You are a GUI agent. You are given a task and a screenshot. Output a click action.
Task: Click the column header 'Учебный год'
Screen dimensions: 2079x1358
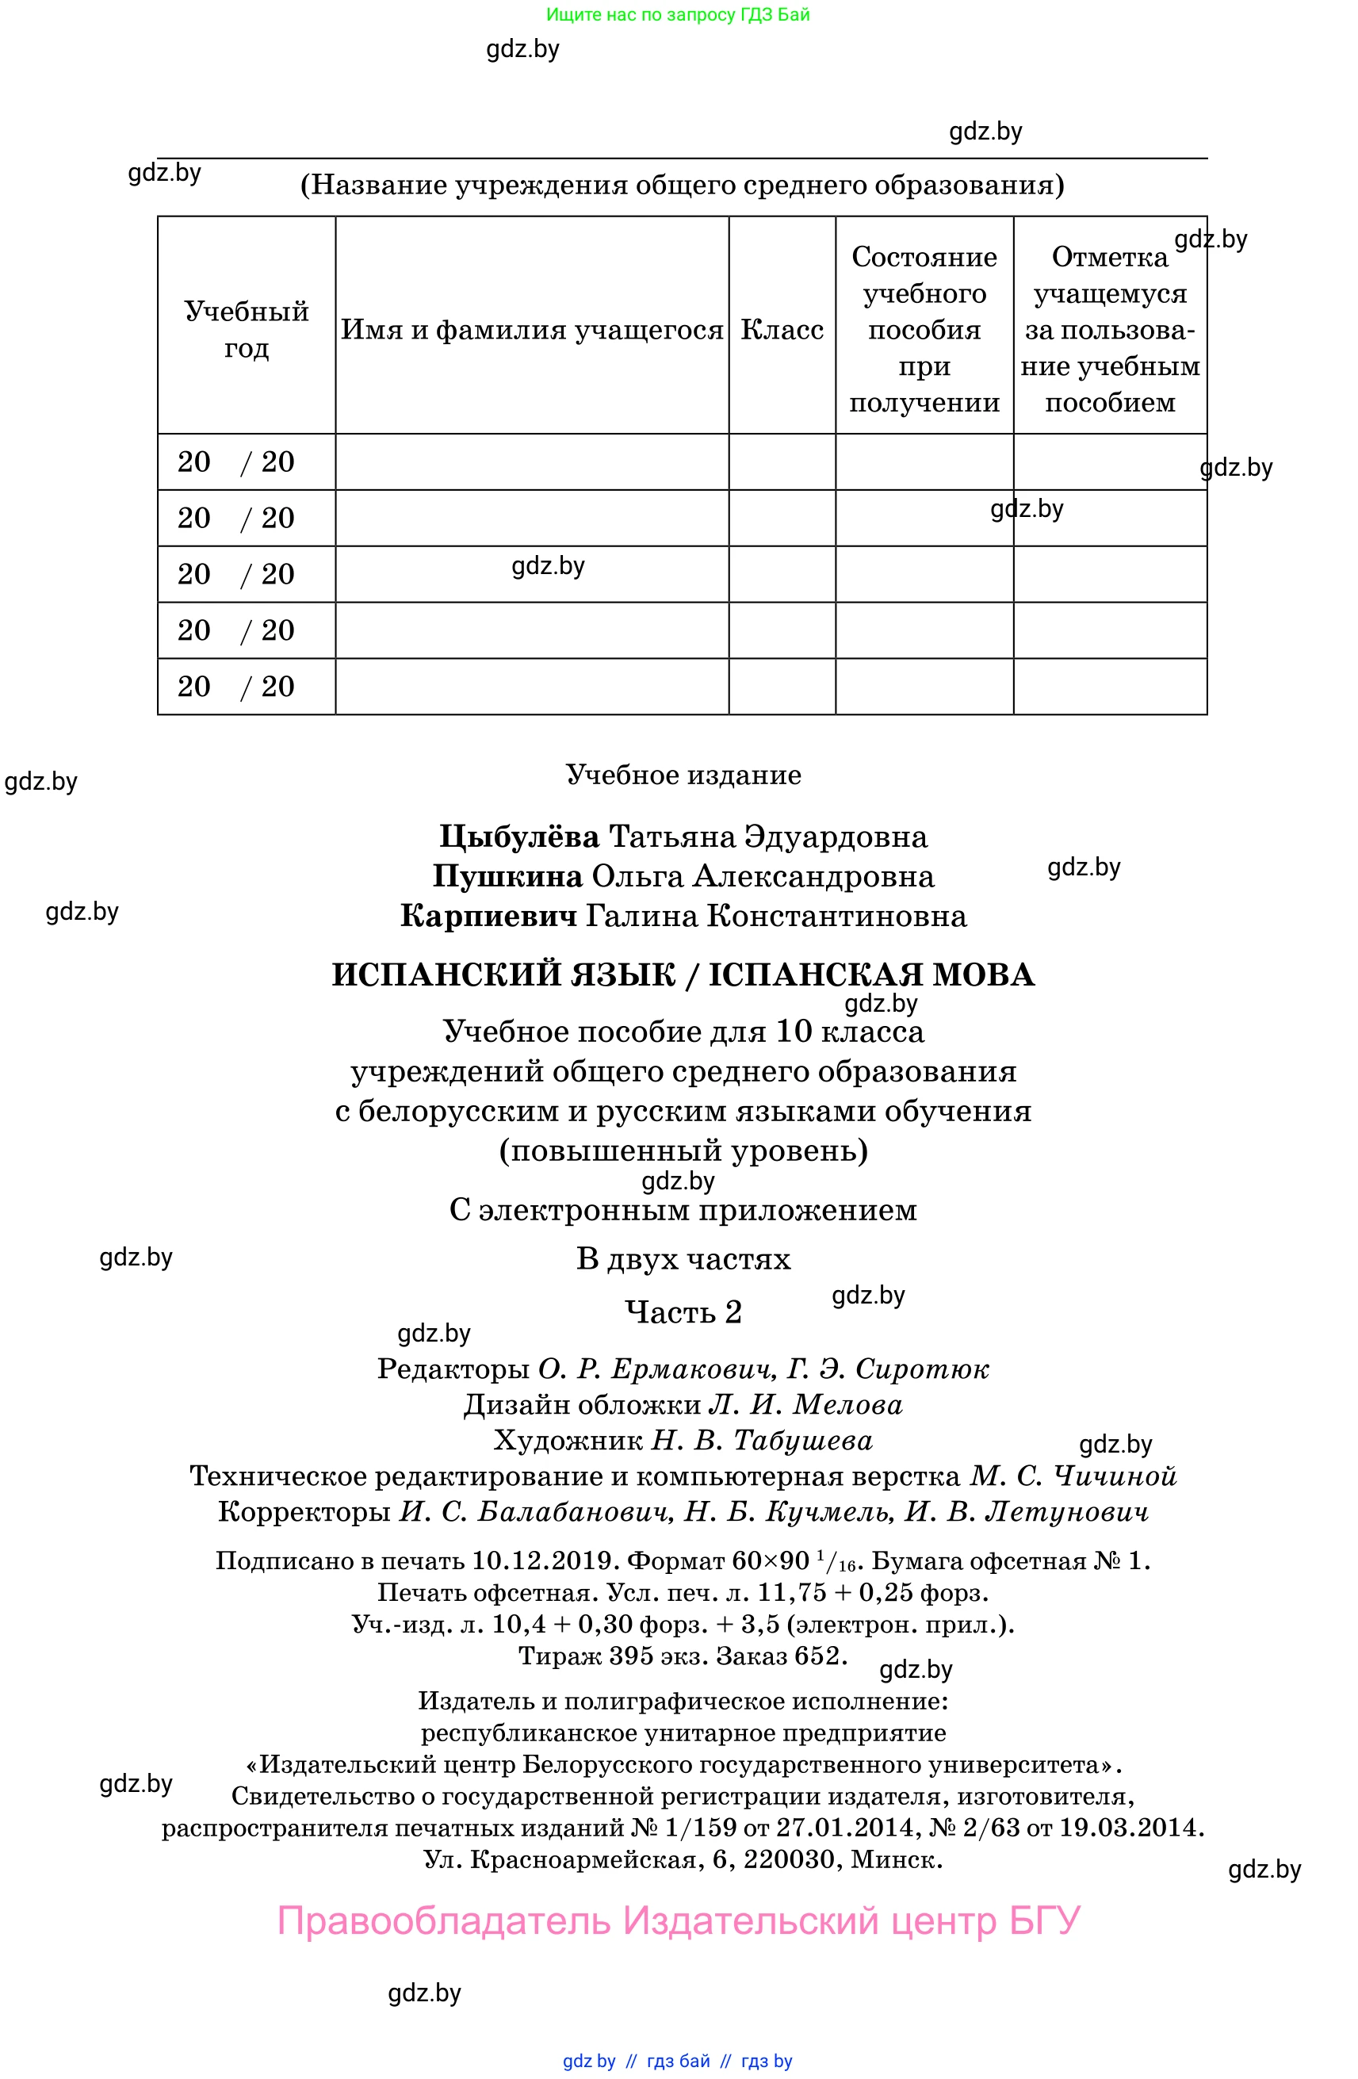point(247,329)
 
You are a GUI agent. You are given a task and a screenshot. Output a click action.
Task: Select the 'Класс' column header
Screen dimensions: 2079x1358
point(782,329)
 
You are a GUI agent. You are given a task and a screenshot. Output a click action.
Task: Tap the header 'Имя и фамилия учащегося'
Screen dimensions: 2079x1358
point(532,329)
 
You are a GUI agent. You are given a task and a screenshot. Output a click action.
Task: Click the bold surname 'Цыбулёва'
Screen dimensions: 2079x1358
point(518,837)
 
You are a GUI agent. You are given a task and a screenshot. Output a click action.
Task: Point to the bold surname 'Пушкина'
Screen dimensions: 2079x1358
point(507,876)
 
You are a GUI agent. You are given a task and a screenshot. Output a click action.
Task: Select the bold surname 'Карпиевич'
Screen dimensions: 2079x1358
point(488,917)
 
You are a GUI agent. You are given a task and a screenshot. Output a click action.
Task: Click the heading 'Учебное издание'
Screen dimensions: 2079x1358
point(683,775)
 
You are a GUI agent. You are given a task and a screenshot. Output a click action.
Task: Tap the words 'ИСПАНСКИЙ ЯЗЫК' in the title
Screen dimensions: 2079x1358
point(504,974)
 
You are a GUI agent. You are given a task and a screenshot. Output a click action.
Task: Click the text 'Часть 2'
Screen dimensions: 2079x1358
point(683,1311)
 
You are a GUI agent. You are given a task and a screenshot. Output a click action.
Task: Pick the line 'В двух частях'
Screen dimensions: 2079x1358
point(683,1259)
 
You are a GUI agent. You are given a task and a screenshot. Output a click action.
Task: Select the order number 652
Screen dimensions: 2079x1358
point(817,1656)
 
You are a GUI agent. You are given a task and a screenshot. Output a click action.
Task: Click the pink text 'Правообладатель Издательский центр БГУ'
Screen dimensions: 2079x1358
point(679,1921)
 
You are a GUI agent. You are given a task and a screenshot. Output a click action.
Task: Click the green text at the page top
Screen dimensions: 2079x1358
point(678,14)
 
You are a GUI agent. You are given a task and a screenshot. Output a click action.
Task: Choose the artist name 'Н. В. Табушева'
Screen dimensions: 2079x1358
point(762,1440)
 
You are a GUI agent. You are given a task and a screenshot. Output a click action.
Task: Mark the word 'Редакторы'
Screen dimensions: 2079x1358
point(453,1368)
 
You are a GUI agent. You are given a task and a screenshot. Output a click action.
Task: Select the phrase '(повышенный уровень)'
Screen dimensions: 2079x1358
point(683,1151)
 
